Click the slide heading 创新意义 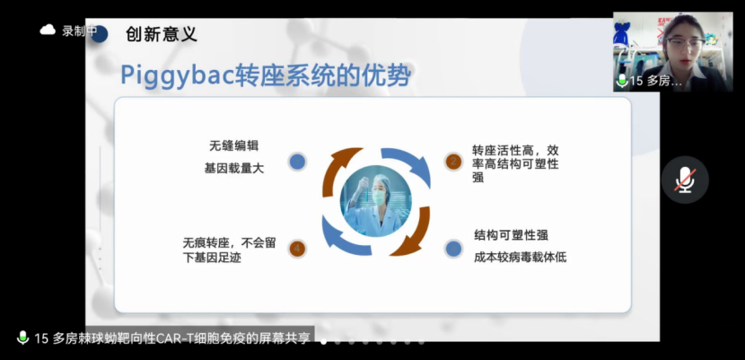[x=162, y=35]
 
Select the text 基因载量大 [x=233, y=168]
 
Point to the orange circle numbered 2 [x=453, y=162]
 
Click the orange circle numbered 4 [x=297, y=249]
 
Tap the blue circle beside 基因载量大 [x=297, y=162]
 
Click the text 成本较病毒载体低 [x=520, y=257]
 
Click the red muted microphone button [x=685, y=180]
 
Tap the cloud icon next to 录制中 [x=48, y=31]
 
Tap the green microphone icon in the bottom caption [x=22, y=338]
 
